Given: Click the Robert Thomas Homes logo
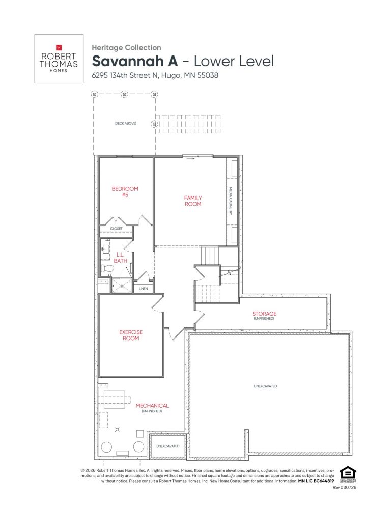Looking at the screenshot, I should pyautogui.click(x=59, y=59).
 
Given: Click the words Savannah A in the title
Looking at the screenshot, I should pyautogui.click(x=133, y=62).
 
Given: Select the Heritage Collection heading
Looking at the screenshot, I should pyautogui.click(x=126, y=47).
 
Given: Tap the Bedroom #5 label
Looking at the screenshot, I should pyautogui.click(x=125, y=191).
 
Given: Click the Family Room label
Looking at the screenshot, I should pyautogui.click(x=193, y=201).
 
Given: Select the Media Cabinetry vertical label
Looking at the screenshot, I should pyautogui.click(x=231, y=202).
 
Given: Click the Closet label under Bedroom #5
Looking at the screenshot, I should pyautogui.click(x=117, y=229).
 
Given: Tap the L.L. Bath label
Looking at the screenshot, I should pyautogui.click(x=120, y=258).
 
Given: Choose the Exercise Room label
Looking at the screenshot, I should pyautogui.click(x=131, y=335).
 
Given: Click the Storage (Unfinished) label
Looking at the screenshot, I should pyautogui.click(x=264, y=316).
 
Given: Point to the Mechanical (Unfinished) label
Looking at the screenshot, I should pyautogui.click(x=152, y=408).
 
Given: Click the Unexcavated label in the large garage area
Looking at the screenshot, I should pyautogui.click(x=265, y=386).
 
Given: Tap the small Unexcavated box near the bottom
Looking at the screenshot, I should pyautogui.click(x=167, y=446).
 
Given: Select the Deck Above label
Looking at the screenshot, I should pyautogui.click(x=125, y=123).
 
